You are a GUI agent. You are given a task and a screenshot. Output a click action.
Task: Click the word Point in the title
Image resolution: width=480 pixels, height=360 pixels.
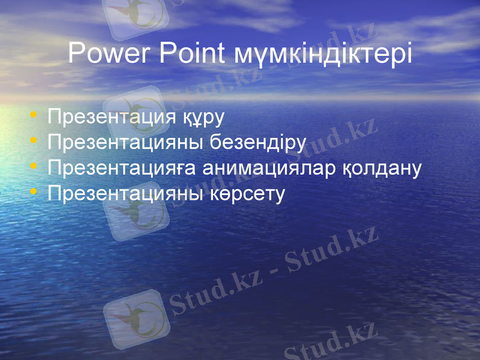[192, 53]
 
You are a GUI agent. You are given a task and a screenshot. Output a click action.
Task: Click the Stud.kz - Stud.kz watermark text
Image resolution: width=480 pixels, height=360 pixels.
[273, 270]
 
